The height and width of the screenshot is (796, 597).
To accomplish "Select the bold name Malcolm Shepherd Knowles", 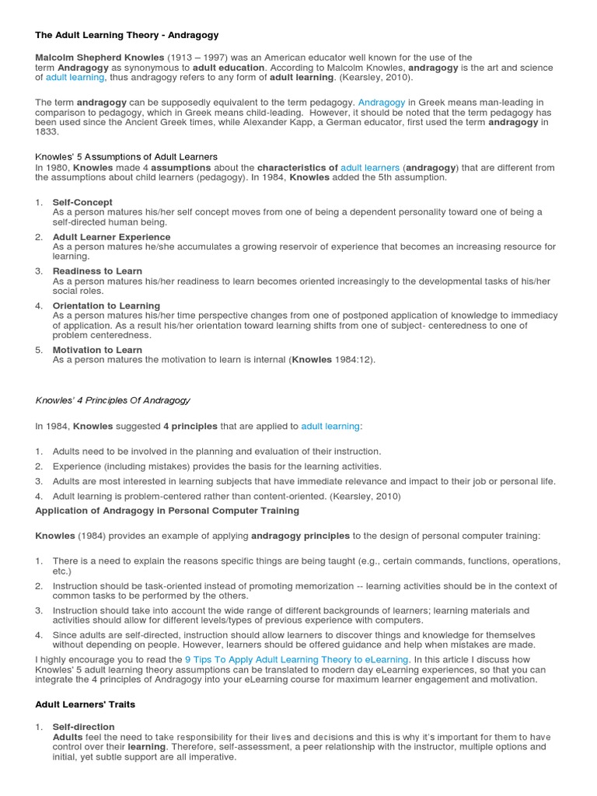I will coord(99,58).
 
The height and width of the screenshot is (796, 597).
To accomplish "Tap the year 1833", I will coord(47,132).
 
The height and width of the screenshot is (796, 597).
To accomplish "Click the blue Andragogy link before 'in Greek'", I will coord(381,102).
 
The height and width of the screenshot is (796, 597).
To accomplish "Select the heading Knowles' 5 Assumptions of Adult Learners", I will coord(127,157).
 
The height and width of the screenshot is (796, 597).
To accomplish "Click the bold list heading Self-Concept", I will coord(82,202).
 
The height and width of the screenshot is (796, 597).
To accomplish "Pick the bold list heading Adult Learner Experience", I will coord(111,236).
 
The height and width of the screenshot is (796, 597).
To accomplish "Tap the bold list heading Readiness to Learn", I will coord(97,271).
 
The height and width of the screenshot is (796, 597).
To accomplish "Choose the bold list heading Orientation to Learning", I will coord(106,305).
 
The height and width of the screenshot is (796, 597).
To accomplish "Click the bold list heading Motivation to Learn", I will coord(97,350).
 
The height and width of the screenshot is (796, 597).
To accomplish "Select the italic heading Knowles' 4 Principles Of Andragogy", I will coord(113,400).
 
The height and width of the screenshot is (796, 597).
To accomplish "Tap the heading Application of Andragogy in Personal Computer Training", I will coord(167,511).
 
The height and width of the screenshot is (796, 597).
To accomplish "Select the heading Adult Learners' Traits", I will coord(85,703).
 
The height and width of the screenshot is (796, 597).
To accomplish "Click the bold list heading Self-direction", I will coord(83,727).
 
